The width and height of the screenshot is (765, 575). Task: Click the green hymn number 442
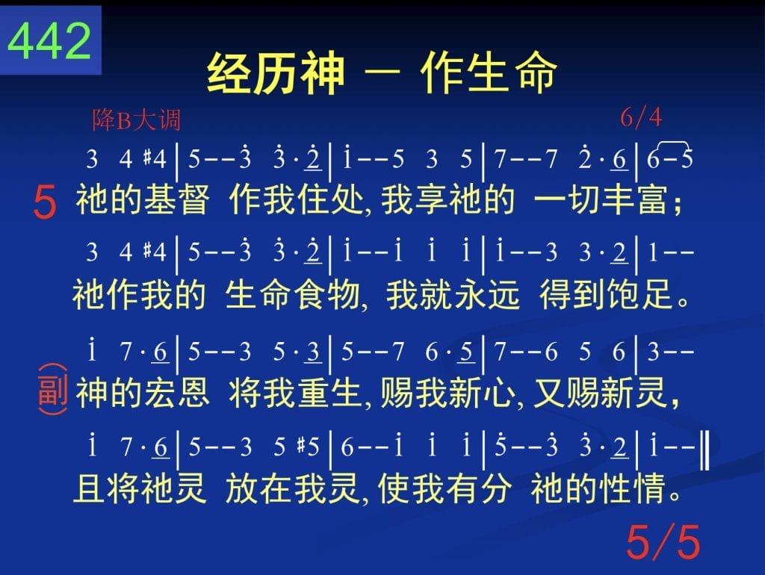pos(50,41)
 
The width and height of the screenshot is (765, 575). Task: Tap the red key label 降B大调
pos(137,120)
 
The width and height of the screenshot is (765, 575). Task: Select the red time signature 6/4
pos(640,117)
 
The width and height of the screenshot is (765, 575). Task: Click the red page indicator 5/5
pos(663,541)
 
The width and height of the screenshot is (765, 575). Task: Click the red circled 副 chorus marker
pos(53,390)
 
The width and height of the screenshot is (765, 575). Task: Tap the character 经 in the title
pos(229,73)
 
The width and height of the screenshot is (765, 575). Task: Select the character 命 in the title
pos(536,72)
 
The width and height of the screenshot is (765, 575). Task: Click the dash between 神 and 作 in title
pos(382,74)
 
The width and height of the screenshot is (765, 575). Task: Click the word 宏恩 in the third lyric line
pos(176,393)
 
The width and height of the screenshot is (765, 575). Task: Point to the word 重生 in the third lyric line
pos(329,393)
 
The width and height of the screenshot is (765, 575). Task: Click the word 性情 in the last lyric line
pos(632,488)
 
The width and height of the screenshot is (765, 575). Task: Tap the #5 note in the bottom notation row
pos(309,447)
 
